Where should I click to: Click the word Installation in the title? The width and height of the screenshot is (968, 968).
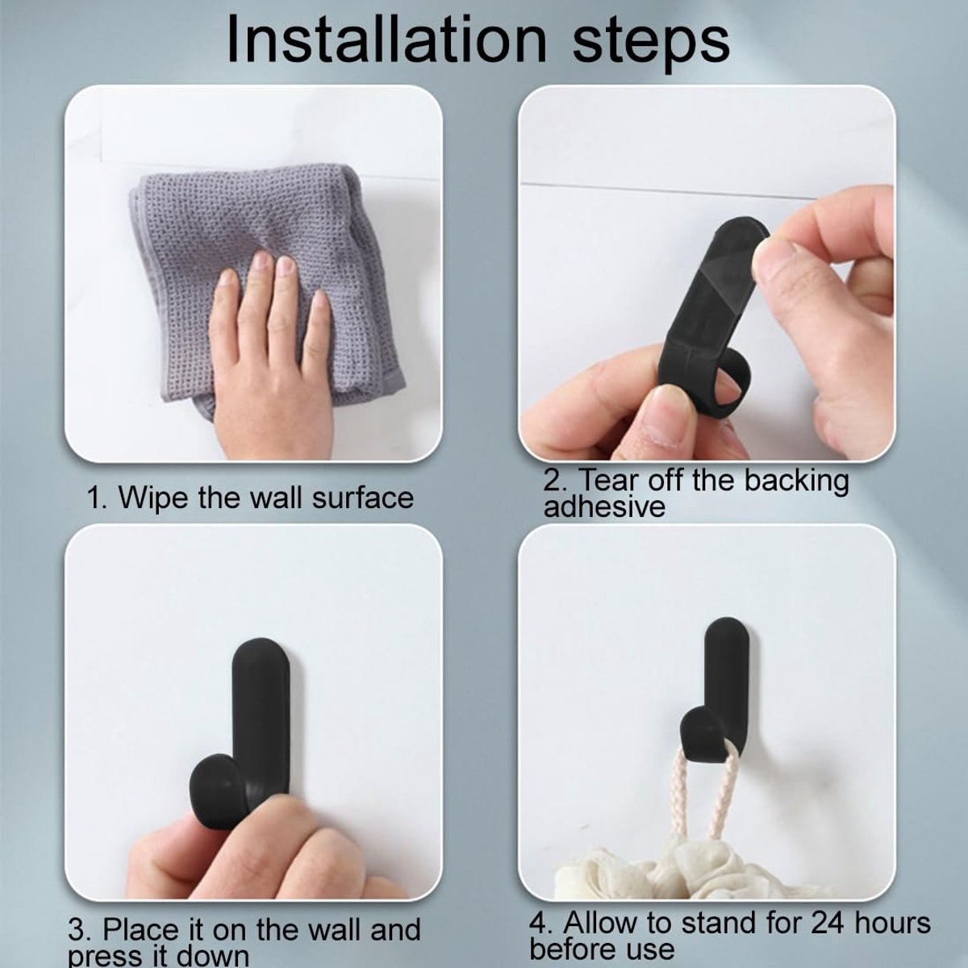[x=386, y=40]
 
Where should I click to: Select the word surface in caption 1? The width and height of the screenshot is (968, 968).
[x=363, y=498]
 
